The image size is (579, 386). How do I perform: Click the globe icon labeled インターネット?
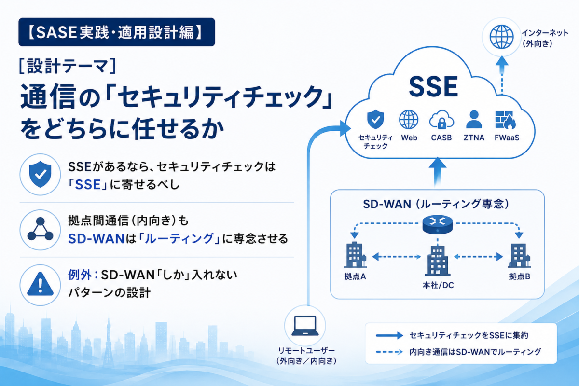point(501,37)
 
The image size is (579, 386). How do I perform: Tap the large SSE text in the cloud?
point(433,87)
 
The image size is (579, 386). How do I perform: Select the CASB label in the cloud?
point(441,138)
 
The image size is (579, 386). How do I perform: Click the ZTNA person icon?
point(474,120)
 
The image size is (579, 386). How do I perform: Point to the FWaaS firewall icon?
point(505,120)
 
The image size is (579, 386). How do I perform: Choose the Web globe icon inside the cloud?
point(409,120)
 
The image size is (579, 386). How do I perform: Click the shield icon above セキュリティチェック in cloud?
point(375,119)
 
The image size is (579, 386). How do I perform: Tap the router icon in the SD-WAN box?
point(437,225)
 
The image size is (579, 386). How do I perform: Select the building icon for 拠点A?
point(355,255)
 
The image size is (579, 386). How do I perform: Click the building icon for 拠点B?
point(519,255)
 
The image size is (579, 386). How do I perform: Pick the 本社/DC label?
point(438,285)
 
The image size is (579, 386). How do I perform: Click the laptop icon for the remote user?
point(305,326)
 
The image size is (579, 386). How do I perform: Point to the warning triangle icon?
point(41,284)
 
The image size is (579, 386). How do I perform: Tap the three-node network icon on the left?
point(41,229)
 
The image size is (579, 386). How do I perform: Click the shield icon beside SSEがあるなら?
point(41,174)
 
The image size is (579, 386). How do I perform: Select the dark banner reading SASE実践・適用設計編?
point(117,32)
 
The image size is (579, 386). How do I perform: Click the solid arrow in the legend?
point(389,336)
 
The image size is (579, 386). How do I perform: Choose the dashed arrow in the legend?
point(389,352)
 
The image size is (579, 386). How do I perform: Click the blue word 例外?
point(80,275)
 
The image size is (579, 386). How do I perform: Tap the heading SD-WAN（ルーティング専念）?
point(437,204)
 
